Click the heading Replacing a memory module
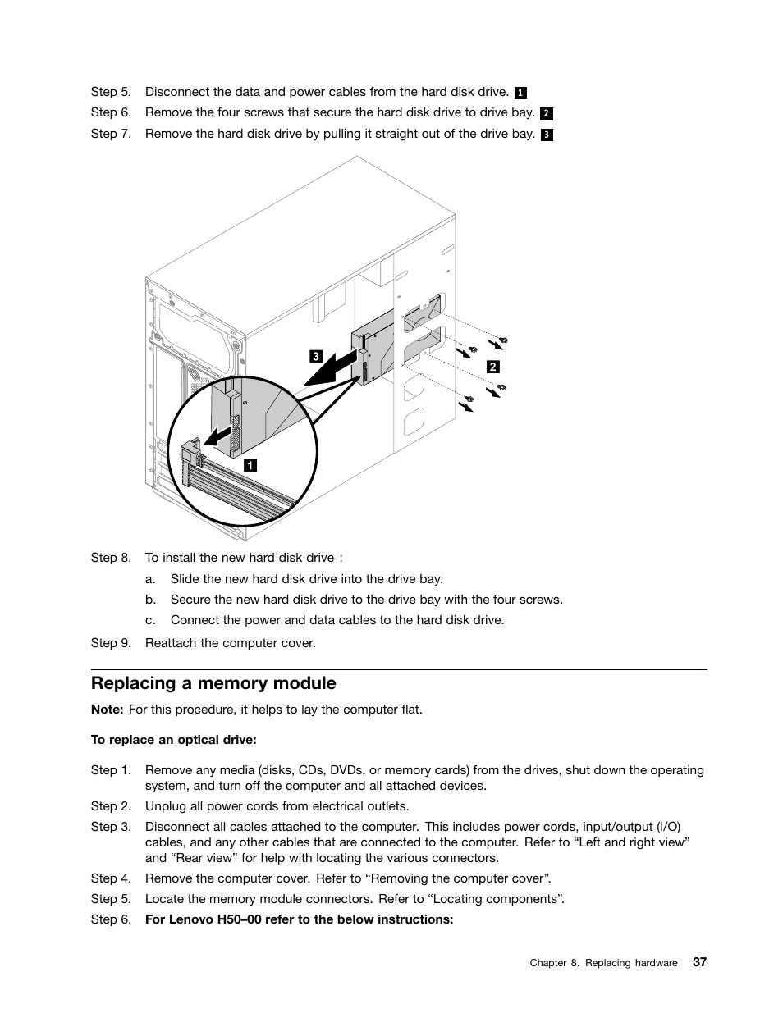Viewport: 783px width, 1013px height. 213,683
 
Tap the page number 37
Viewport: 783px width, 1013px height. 698,962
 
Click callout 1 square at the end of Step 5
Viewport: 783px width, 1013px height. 520,93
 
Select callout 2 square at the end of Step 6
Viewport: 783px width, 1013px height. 547,113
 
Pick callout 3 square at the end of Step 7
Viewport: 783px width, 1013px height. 547,135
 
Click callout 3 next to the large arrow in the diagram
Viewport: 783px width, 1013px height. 315,356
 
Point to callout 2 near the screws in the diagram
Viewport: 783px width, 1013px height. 492,367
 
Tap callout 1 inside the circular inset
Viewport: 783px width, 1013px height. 250,465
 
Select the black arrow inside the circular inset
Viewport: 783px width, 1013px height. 218,435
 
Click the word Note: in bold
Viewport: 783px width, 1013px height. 107,710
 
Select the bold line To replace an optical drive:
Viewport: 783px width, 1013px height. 173,740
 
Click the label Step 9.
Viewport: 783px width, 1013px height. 110,643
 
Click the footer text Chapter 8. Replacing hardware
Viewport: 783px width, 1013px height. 603,963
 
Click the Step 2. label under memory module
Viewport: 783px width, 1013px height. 110,806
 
